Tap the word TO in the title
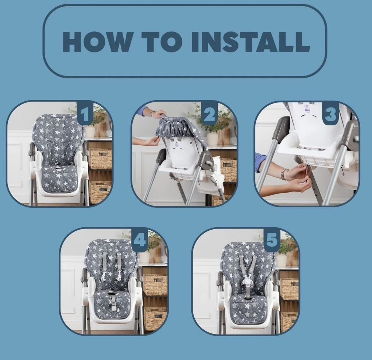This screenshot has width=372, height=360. pyautogui.click(x=163, y=42)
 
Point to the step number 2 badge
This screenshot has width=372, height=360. pyautogui.click(x=209, y=114)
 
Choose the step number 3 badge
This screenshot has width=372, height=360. pyautogui.click(x=331, y=114)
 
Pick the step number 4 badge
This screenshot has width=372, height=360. pyautogui.click(x=140, y=240)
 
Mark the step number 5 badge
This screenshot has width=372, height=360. pyautogui.click(x=272, y=240)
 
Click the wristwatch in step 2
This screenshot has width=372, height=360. pyautogui.click(x=153, y=113)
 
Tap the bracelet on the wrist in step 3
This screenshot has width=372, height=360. pyautogui.click(x=284, y=174)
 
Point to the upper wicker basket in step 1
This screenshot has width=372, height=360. pyautogui.click(x=100, y=159)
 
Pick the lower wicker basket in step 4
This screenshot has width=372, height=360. pyautogui.click(x=155, y=319)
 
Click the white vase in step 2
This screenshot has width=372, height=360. pyautogui.click(x=212, y=138)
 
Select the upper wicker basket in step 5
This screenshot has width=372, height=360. pyautogui.click(x=290, y=289)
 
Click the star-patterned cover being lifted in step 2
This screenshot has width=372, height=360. pyautogui.click(x=175, y=128)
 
